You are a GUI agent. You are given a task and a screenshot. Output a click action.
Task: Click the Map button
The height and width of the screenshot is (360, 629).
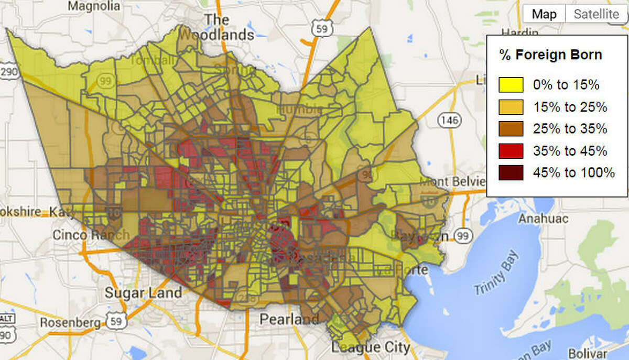click(544, 14)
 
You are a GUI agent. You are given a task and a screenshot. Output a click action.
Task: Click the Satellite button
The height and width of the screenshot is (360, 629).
click(596, 14)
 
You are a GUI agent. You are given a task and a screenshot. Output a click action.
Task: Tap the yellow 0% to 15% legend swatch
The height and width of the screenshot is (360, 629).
click(511, 84)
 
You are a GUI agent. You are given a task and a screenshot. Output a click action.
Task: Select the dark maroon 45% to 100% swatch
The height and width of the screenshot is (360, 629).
click(511, 172)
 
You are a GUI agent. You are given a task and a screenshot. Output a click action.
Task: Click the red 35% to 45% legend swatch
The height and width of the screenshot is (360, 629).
click(511, 151)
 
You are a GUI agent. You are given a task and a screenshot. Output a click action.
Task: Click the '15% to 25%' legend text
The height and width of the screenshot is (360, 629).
click(570, 107)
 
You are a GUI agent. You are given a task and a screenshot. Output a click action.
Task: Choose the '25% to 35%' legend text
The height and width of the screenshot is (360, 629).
click(570, 129)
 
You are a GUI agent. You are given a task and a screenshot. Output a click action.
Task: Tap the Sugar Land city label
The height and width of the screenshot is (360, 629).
click(139, 292)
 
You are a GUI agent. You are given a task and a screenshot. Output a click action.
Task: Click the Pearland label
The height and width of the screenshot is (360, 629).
click(289, 319)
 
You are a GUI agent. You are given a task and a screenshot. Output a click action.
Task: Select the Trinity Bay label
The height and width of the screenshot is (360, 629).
click(495, 274)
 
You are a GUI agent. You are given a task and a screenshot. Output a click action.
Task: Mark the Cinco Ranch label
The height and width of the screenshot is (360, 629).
click(90, 235)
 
